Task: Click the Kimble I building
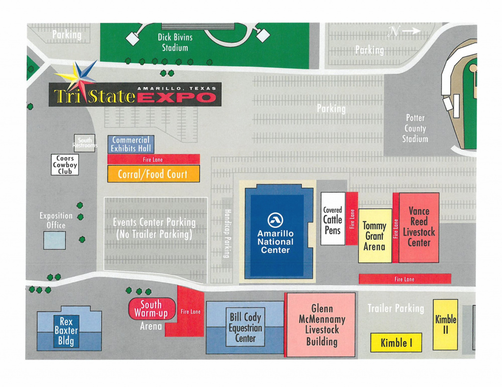pyautogui.click(x=396, y=342)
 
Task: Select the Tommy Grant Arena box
pyautogui.click(x=375, y=236)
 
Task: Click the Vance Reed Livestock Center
pyautogui.click(x=419, y=227)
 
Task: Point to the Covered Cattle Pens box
pyautogui.click(x=333, y=219)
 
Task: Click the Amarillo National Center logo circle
pyautogui.click(x=275, y=220)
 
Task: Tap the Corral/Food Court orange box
pyautogui.click(x=153, y=174)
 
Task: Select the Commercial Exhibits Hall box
pyautogui.click(x=131, y=144)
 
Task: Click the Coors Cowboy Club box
pyautogui.click(x=65, y=165)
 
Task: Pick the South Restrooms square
pyautogui.click(x=85, y=143)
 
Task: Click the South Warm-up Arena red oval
pyautogui.click(x=151, y=309)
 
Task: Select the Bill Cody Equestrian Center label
pyautogui.click(x=246, y=327)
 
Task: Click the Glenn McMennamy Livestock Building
pyautogui.click(x=321, y=325)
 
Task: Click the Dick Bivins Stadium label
pyautogui.click(x=175, y=42)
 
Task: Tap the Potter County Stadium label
pyautogui.click(x=415, y=128)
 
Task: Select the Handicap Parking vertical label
pyautogui.click(x=227, y=233)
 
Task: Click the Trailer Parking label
pyautogui.click(x=395, y=308)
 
